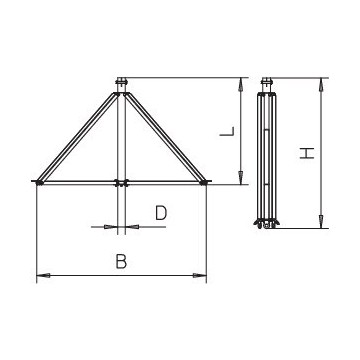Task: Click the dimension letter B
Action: tap(121, 262)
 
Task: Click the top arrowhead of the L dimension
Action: tap(242, 82)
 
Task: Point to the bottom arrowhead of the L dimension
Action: tap(242, 180)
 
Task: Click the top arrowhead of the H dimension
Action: tap(321, 82)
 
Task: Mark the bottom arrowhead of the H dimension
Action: tap(321, 227)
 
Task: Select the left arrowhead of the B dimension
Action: tap(41, 276)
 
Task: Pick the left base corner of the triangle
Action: tap(39, 182)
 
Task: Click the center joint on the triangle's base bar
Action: tap(121, 182)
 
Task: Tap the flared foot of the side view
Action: tap(264, 224)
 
